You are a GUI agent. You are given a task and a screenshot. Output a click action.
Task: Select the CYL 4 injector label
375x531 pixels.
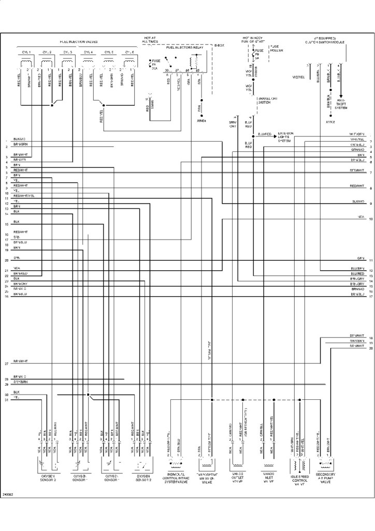(88, 52)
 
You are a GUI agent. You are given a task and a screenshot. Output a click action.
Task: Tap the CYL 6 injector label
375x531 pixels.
(128, 52)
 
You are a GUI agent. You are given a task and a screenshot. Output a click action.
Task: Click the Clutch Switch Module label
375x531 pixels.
(325, 42)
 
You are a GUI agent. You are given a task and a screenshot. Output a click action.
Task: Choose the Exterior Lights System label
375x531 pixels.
(286, 137)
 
